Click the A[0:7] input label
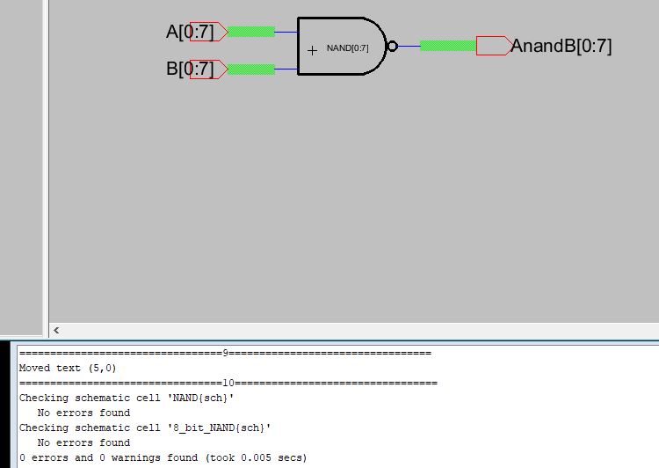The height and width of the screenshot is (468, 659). click(190, 33)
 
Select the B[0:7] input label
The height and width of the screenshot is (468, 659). click(190, 69)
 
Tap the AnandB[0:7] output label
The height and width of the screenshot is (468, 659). click(561, 46)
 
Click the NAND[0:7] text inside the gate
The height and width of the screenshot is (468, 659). click(347, 48)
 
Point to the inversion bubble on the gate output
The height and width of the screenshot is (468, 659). click(393, 47)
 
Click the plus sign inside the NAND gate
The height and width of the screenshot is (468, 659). click(312, 51)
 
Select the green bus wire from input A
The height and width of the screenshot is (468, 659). click(250, 32)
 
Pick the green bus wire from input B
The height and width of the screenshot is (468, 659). click(250, 69)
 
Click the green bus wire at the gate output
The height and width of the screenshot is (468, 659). click(447, 46)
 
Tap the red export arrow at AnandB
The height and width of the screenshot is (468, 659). click(493, 46)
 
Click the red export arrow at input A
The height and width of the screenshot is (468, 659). click(209, 32)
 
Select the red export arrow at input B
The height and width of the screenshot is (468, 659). click(209, 69)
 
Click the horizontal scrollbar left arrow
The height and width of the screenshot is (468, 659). click(57, 331)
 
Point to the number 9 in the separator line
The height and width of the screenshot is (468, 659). click(226, 353)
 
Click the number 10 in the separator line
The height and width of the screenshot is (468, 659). click(228, 383)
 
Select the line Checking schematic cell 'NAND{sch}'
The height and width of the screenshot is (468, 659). click(127, 398)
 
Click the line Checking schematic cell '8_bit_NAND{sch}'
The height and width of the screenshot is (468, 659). click(145, 428)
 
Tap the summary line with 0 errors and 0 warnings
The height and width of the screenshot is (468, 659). click(163, 457)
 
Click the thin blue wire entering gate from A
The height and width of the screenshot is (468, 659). click(286, 32)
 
